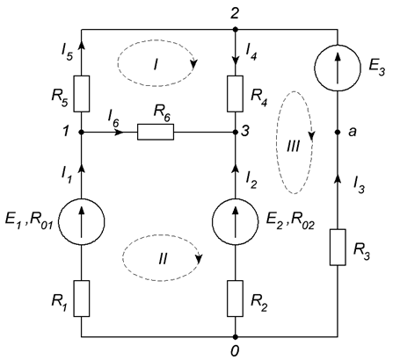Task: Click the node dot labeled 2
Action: coord(235,29)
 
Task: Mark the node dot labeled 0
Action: coord(235,337)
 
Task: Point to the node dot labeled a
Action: coord(338,133)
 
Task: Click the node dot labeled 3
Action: coord(235,133)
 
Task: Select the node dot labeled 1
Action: coord(82,133)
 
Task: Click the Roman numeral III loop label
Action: coord(293,146)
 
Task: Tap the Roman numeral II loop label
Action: coord(163,259)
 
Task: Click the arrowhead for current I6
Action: coord(120,133)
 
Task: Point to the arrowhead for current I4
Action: coord(235,61)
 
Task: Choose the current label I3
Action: coord(359,185)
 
